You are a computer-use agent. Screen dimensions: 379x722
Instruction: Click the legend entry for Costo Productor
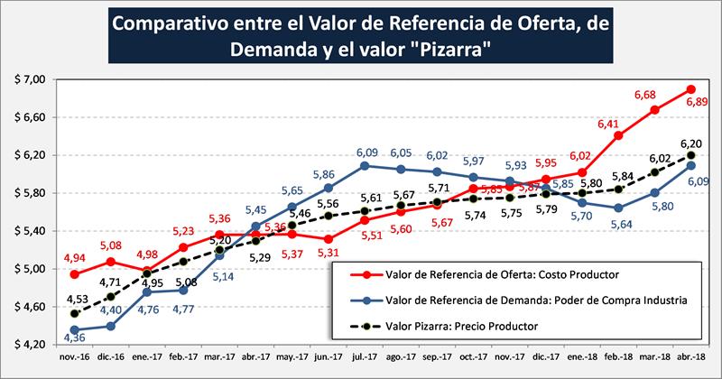[478, 274]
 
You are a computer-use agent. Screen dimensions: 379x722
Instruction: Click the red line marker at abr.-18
[690, 88]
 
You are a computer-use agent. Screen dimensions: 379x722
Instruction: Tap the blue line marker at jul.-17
[364, 166]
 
